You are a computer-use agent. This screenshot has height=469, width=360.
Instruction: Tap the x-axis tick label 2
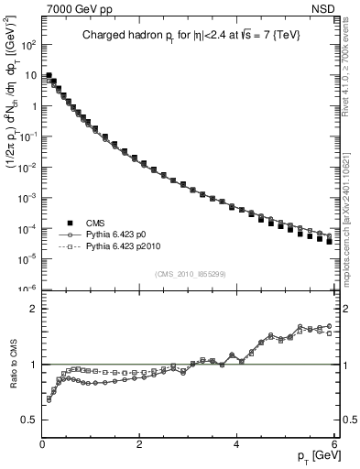[x=139, y=444]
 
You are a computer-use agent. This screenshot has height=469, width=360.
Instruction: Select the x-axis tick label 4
[x=236, y=444]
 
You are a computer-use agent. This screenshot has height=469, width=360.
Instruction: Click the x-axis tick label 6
[x=333, y=444]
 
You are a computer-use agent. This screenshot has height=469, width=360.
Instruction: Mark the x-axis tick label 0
[x=42, y=444]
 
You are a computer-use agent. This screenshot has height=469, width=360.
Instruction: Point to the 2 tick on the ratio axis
[x=33, y=309]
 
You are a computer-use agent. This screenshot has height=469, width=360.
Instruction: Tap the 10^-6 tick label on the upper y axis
[x=27, y=289]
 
